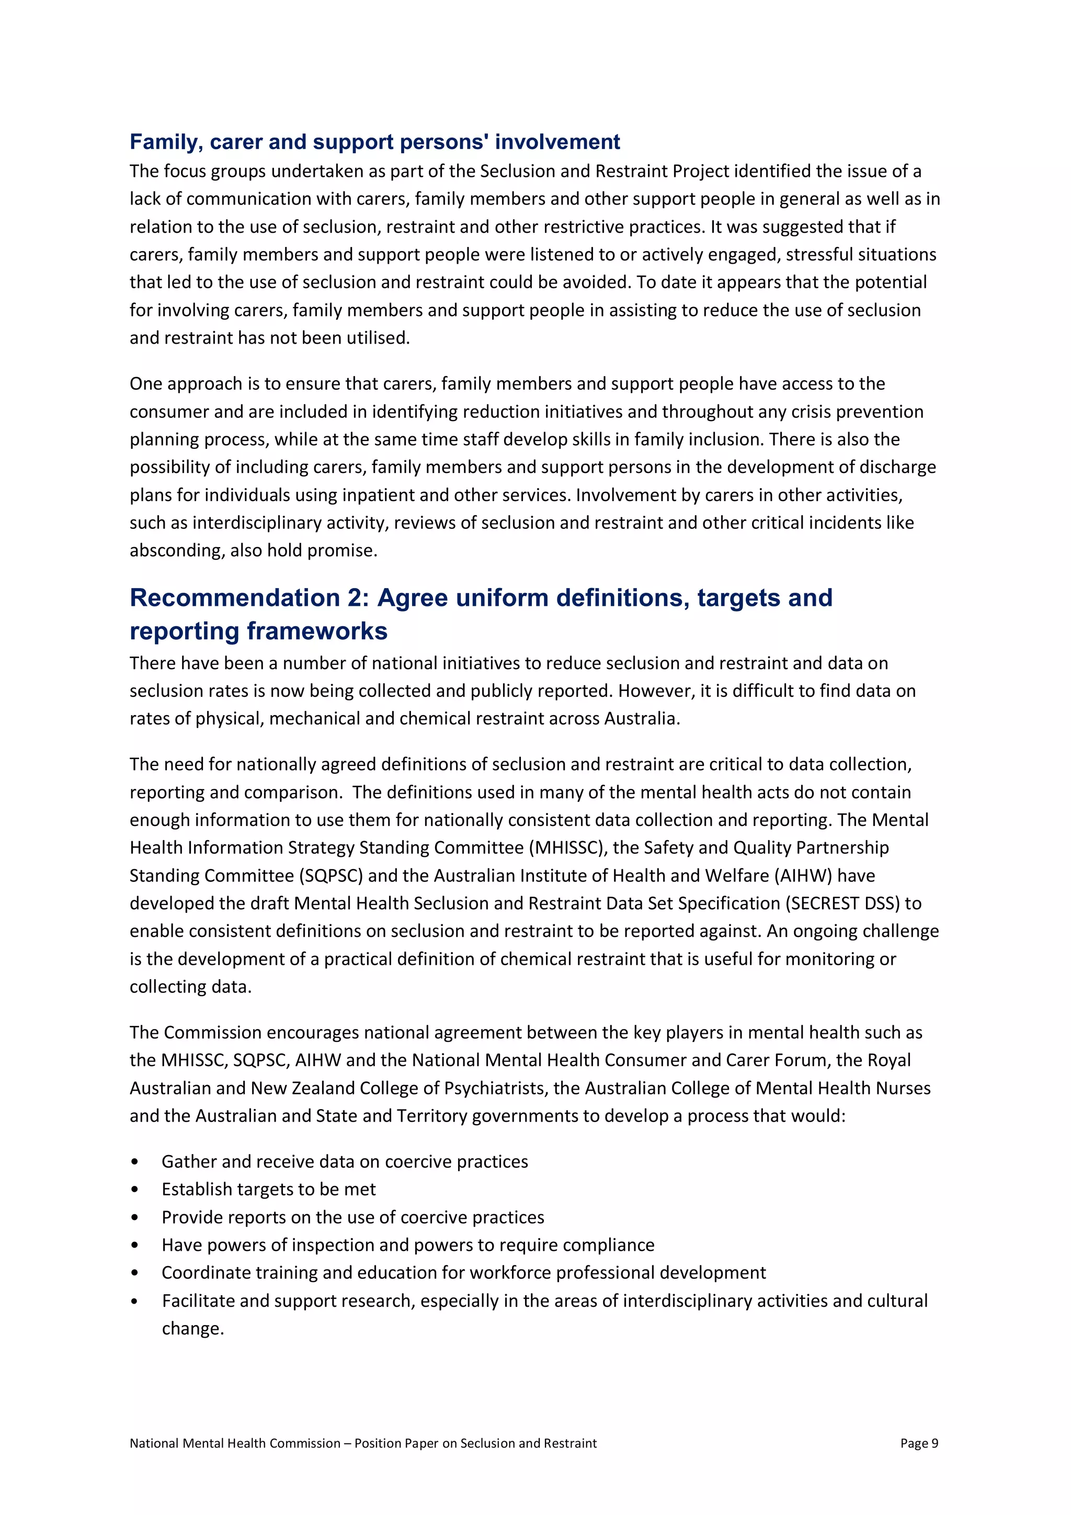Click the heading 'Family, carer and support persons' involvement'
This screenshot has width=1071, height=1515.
click(x=374, y=142)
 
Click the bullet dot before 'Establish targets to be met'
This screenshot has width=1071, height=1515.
click(x=135, y=1190)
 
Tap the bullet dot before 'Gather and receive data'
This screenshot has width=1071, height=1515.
click(x=135, y=1162)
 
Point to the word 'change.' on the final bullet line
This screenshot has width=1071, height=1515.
click(x=193, y=1328)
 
